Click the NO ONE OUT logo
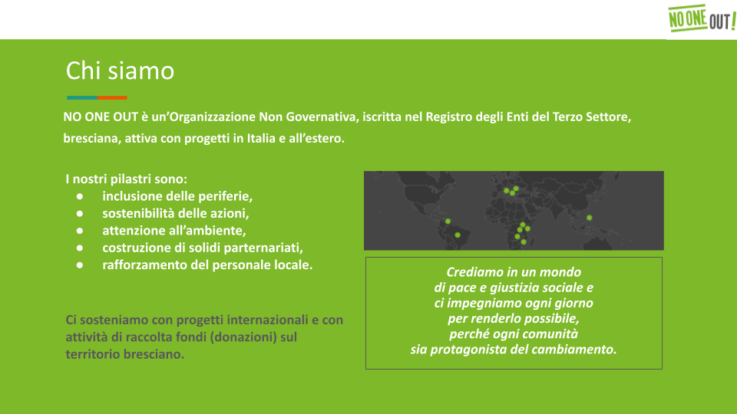tap(702, 18)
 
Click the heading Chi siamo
tap(120, 71)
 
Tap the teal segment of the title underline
tap(82, 97)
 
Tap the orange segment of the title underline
tap(112, 97)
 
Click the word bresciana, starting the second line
tap(92, 139)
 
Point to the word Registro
tap(448, 117)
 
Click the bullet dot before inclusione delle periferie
tap(80, 196)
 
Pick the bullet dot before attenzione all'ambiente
tap(80, 231)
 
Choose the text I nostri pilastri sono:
tap(127, 179)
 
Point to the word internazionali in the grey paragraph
tap(267, 320)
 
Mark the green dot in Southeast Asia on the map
tap(589, 218)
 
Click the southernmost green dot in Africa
tap(524, 242)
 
